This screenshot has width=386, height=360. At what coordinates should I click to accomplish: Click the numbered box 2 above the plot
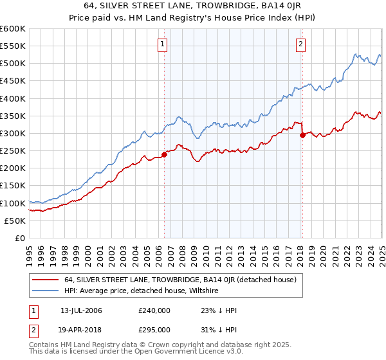[300, 44]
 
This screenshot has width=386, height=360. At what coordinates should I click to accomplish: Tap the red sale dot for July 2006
[164, 154]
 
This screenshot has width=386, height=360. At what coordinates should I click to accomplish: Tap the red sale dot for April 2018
[302, 134]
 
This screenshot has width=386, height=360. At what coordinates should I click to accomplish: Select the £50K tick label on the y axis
[15, 221]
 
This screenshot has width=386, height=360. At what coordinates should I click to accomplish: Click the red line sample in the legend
[46, 280]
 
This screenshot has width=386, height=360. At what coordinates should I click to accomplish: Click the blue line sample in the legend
[46, 291]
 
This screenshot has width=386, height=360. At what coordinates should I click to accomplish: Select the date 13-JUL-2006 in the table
[81, 310]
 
